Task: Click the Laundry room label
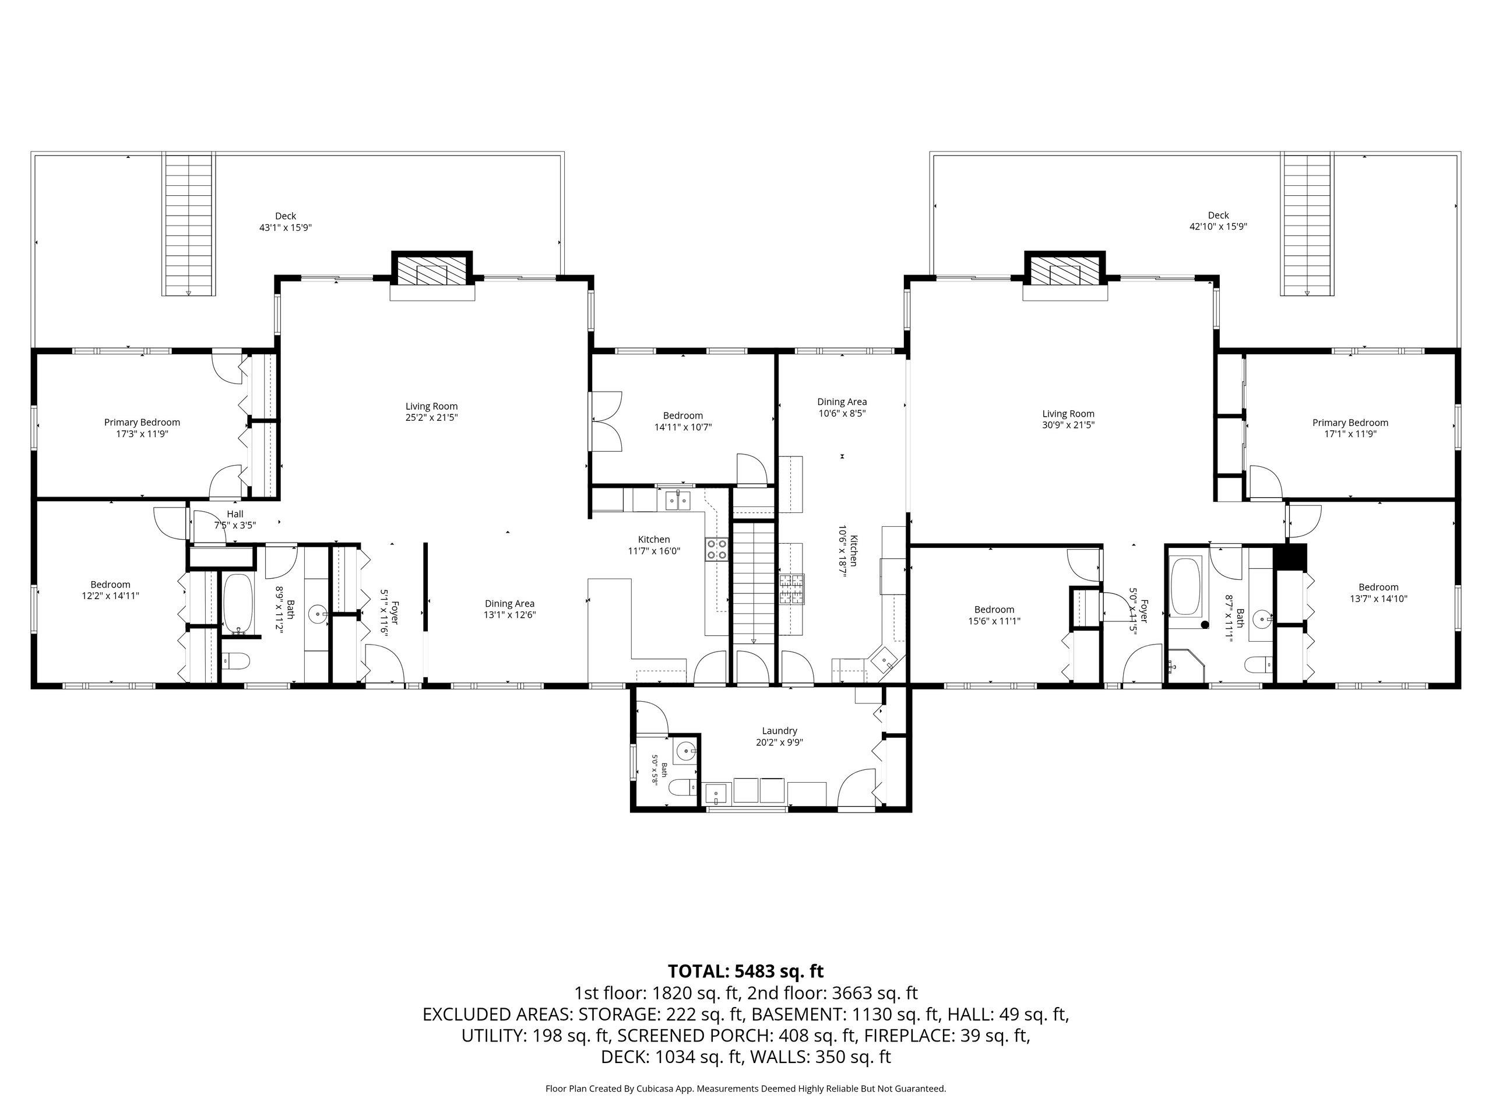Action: coord(779,730)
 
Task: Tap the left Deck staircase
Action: coord(189,224)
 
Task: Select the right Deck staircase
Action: coord(1307,224)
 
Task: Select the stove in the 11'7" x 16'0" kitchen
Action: coord(717,549)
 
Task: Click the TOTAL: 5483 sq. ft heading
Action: coord(745,972)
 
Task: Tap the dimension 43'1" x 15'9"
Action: coord(286,228)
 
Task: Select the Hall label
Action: coord(235,514)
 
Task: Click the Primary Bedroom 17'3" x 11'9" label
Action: coord(142,428)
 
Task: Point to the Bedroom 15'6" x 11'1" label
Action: coord(994,615)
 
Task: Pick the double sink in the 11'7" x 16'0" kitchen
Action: coord(677,501)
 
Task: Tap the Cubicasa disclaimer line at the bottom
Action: coord(745,1089)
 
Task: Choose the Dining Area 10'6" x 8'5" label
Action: coord(842,407)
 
